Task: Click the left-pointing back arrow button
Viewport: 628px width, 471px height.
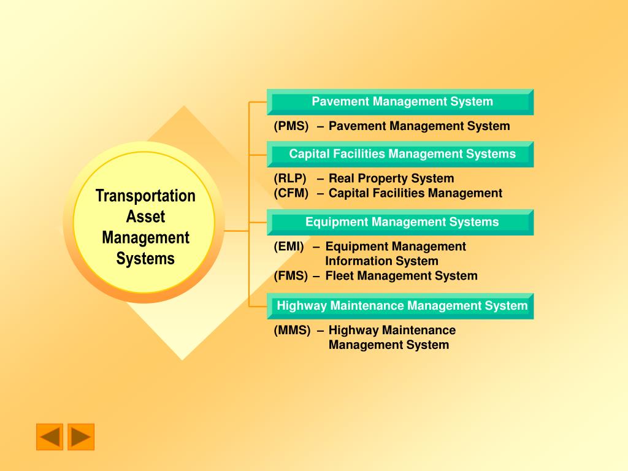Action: tap(50, 437)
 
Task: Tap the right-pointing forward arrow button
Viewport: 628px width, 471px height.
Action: tap(81, 437)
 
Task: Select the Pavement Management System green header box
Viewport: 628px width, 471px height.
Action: tap(400, 102)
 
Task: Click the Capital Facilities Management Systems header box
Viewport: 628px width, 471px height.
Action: tap(400, 154)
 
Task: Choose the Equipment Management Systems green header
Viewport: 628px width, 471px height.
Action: tap(400, 222)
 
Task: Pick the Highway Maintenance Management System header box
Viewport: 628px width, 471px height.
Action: tap(400, 307)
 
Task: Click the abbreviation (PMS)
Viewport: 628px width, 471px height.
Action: tap(291, 126)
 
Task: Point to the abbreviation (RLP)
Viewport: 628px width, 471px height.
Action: tap(290, 178)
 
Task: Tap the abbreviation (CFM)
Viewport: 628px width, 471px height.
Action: tap(291, 193)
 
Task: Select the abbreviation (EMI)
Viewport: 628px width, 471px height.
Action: tap(289, 247)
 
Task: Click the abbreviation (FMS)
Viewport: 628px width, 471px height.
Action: tap(291, 276)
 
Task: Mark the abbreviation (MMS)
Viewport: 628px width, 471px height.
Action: tap(292, 331)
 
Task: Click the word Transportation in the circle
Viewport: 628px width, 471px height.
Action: tap(145, 196)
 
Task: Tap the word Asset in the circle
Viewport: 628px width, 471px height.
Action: tap(145, 216)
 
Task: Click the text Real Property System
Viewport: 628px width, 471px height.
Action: tap(391, 178)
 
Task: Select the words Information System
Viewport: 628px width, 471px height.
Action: tap(381, 261)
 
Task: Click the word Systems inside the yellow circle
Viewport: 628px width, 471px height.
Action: tap(145, 259)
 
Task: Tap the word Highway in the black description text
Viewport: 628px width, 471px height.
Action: tap(354, 331)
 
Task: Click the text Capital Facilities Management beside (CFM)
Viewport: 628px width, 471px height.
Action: tap(415, 193)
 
